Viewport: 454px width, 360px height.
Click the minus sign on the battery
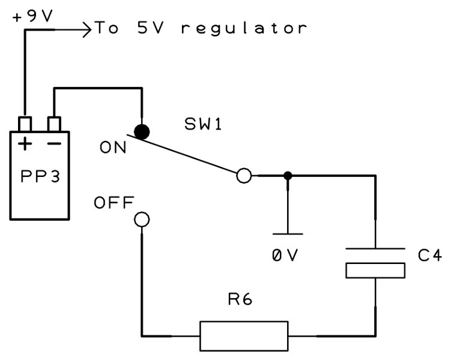[55, 144]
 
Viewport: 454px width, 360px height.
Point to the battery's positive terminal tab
[25, 124]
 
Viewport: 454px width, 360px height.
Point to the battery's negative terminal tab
[54, 124]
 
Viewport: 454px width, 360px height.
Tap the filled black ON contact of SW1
[142, 132]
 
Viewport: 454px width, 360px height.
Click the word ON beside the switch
[113, 147]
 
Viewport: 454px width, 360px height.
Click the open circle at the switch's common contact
[244, 176]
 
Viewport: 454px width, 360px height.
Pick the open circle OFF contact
[142, 220]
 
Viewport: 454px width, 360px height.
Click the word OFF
[114, 203]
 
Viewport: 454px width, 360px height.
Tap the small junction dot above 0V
[288, 176]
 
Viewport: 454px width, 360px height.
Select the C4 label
[429, 256]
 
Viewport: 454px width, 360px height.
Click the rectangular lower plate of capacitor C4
[376, 270]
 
